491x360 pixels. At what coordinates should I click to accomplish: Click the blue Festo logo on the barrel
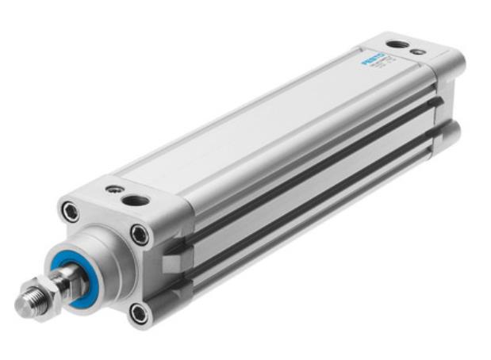(x=373, y=59)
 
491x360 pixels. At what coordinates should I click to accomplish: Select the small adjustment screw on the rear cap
(x=420, y=52)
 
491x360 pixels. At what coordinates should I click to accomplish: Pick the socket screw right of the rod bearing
(x=140, y=234)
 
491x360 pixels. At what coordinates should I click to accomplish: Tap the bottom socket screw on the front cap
(x=140, y=312)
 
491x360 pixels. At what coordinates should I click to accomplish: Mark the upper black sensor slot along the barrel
(x=317, y=147)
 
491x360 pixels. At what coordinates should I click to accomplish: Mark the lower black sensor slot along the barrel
(x=317, y=191)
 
